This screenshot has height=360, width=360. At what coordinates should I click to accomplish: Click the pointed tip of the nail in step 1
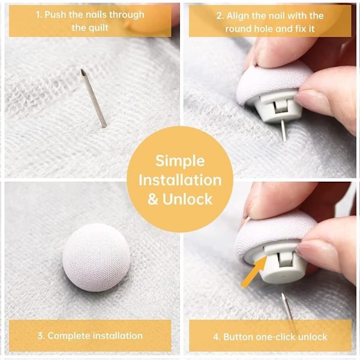click(82, 70)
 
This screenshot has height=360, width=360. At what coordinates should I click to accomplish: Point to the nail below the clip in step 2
click(284, 130)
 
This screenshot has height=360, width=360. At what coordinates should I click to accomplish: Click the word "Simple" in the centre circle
click(180, 161)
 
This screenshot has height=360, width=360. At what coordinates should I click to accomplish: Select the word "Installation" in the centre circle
click(180, 180)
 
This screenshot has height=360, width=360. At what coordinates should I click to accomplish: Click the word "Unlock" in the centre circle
click(187, 199)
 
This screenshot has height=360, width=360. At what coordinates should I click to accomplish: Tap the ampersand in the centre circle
click(152, 199)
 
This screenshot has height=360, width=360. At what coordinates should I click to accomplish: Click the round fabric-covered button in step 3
click(97, 257)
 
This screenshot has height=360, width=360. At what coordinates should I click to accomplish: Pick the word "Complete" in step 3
click(68, 336)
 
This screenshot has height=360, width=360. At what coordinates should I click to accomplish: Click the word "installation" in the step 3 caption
click(118, 336)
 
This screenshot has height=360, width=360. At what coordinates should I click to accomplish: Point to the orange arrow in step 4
click(254, 272)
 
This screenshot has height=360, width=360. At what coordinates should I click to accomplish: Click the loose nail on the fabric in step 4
click(287, 308)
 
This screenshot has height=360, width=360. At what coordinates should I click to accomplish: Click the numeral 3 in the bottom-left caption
click(41, 336)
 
